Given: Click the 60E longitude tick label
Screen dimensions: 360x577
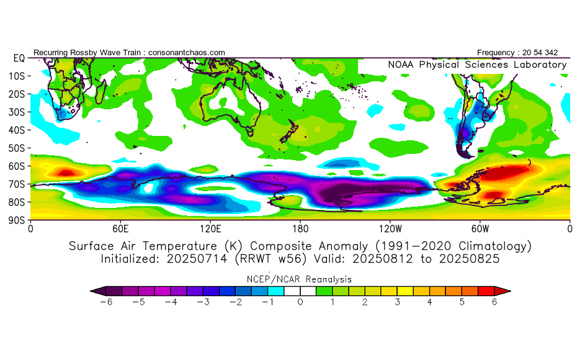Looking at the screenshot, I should pyautogui.click(x=120, y=228).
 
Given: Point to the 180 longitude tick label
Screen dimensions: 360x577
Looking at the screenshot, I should pyautogui.click(x=300, y=228).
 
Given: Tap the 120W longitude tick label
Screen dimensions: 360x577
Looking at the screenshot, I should pyautogui.click(x=390, y=228).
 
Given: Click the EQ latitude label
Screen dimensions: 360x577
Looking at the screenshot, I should pyautogui.click(x=19, y=58).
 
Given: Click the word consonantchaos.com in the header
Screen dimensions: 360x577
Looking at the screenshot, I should pyautogui.click(x=187, y=53).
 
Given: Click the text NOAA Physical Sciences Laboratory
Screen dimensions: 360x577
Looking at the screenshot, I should pyautogui.click(x=477, y=65).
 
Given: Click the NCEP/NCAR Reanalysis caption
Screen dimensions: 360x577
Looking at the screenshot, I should pyautogui.click(x=300, y=279).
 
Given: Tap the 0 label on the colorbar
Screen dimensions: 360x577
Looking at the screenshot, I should pyautogui.click(x=300, y=302).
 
